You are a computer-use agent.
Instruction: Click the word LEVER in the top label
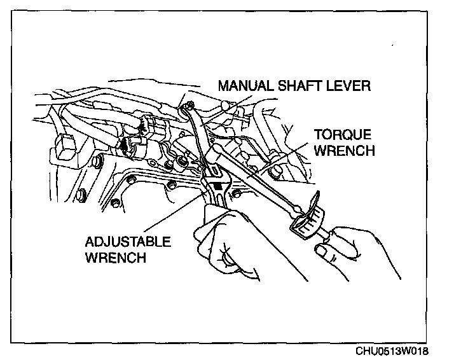[x=346, y=85]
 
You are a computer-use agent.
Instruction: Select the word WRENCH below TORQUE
[x=343, y=151]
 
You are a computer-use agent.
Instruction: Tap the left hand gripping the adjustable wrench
[x=229, y=245]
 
